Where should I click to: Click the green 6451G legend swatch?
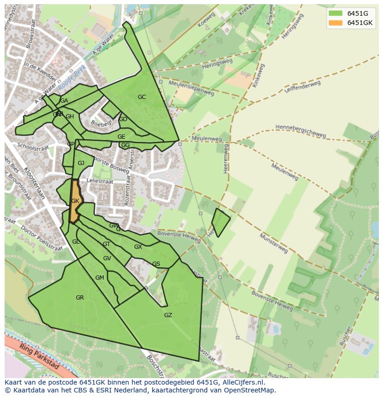click(x=335, y=13)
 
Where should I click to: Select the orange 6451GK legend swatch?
click(x=335, y=23)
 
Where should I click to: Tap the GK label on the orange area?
click(x=75, y=201)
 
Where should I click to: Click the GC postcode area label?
click(x=142, y=97)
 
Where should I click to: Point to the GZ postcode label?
click(x=168, y=315)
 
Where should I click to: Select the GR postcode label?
click(x=80, y=298)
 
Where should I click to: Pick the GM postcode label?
click(x=99, y=278)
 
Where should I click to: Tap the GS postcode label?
click(x=156, y=264)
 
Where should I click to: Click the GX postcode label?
click(x=138, y=247)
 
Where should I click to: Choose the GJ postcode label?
click(x=81, y=163)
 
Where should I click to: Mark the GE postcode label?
click(x=121, y=137)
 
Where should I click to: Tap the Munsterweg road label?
click(x=273, y=243)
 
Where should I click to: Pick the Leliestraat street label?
click(x=99, y=182)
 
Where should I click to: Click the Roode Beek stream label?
click(x=72, y=78)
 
